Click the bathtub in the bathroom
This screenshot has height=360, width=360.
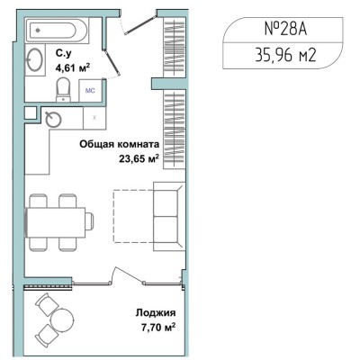pos(57,30)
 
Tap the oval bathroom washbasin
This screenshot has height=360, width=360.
pos(34,59)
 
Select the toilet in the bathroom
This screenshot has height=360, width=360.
pos(63,89)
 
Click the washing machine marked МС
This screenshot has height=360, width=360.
pos(90,90)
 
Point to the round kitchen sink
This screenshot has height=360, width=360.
pos(53,119)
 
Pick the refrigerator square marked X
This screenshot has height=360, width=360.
pos(94,118)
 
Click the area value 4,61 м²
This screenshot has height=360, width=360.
pos(72,67)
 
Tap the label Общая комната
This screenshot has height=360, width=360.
pos(120,145)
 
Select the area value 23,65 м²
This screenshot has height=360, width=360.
pos(139,158)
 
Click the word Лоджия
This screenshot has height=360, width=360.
pos(156,313)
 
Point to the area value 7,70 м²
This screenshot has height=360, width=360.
pos(158,327)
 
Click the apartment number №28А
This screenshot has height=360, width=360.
pos(286,29)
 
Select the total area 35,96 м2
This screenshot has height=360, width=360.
pos(285,55)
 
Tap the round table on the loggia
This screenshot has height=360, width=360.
pos(62,319)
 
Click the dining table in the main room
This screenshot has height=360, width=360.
pos(56,222)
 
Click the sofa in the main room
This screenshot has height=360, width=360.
pos(168,216)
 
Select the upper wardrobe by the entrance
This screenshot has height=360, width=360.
pos(175,47)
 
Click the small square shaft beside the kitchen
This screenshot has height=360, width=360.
pos(31,113)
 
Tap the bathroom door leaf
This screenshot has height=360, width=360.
pos(112,61)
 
